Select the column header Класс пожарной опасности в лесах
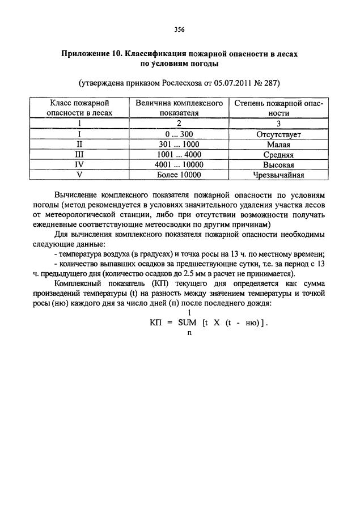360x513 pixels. coord(80,108)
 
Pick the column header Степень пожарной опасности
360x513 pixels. coord(278,108)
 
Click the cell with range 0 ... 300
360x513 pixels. coord(179,134)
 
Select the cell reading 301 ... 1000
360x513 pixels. coord(179,145)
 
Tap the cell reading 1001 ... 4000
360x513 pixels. coord(179,155)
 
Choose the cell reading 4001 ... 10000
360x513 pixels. coord(179,165)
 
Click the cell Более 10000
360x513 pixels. coord(179,175)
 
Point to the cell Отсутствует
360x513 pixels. coord(278,134)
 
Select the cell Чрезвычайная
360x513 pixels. coord(278,175)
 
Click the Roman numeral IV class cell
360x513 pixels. coord(80,165)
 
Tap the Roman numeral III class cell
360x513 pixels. coord(80,155)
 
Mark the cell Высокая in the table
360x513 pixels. coord(278,165)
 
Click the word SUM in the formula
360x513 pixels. coord(187,322)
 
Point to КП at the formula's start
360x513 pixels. coord(156,322)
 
